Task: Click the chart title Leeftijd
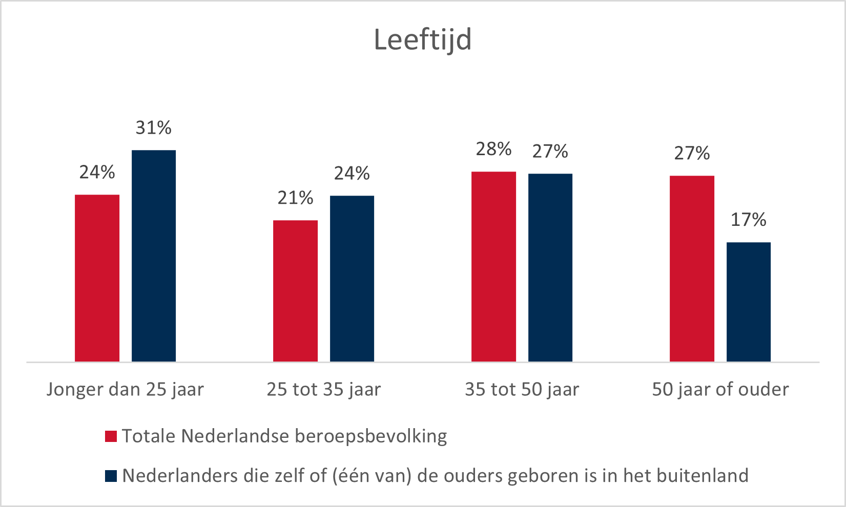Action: (x=423, y=40)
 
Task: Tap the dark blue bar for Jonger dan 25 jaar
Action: (x=154, y=256)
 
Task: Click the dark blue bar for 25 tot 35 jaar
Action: (x=352, y=279)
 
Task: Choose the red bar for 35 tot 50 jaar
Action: (x=493, y=267)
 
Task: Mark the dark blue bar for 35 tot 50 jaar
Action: (x=550, y=268)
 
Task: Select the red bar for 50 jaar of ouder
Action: (x=692, y=269)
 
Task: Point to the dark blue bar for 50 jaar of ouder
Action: (x=749, y=302)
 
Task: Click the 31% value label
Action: (x=154, y=128)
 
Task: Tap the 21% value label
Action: (x=295, y=198)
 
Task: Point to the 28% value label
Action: (x=493, y=149)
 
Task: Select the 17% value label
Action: (x=749, y=220)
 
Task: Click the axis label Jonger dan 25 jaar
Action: (x=125, y=390)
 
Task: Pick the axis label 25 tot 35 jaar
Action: (x=323, y=390)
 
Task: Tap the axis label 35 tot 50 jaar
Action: (x=522, y=390)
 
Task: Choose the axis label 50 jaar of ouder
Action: (x=720, y=390)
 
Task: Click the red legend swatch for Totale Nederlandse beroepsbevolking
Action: (x=111, y=436)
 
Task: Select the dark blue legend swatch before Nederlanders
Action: (x=111, y=476)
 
